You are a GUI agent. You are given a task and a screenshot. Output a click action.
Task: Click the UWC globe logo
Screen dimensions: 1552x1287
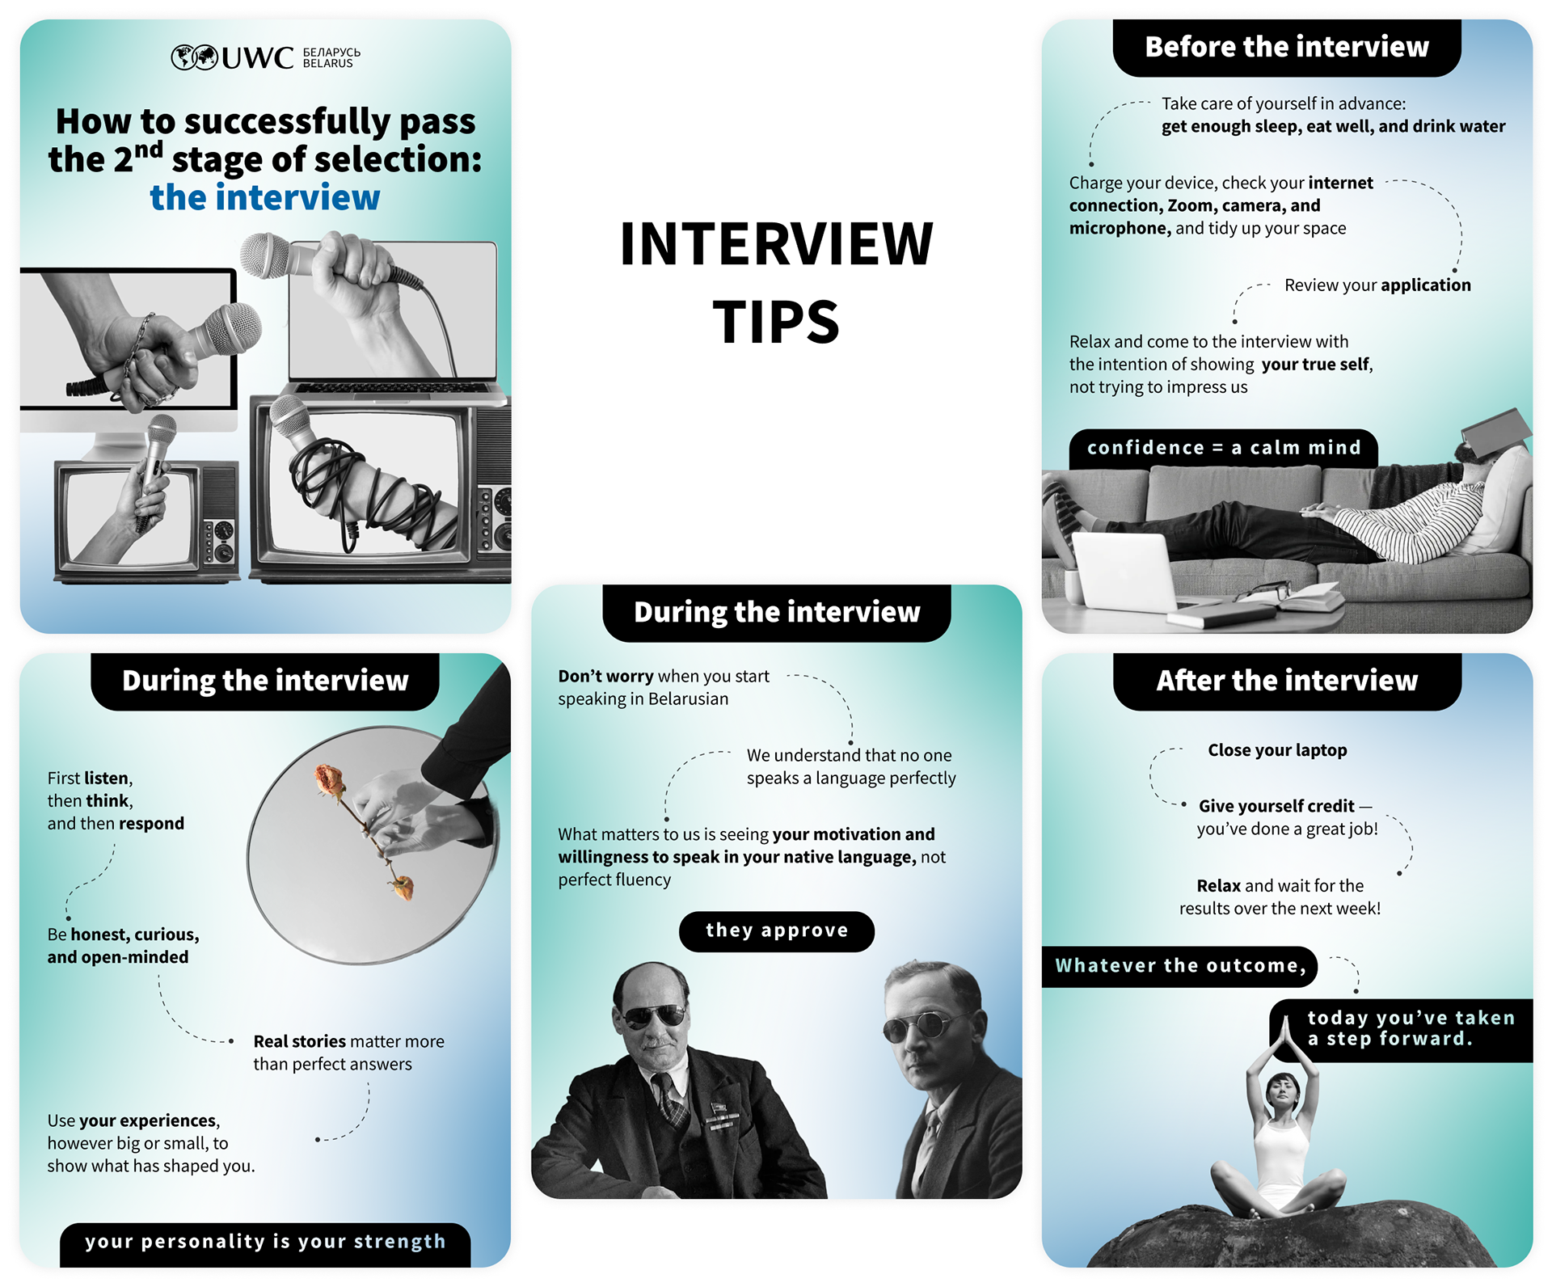pos(194,57)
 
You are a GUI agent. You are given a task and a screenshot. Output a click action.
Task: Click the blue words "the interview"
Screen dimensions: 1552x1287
pos(265,197)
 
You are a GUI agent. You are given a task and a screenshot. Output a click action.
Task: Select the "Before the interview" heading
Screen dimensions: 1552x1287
pos(1287,47)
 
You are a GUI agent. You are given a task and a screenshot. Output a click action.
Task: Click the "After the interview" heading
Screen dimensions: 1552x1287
pos(1287,681)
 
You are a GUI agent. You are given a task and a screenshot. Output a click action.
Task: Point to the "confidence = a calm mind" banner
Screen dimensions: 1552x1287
pos(1224,448)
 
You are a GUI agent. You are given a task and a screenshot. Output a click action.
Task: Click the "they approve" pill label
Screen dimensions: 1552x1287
pos(777,930)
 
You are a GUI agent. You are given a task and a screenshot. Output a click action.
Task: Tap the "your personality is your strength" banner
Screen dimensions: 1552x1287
pos(265,1243)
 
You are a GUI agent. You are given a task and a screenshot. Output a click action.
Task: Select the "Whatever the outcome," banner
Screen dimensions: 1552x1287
pos(1179,966)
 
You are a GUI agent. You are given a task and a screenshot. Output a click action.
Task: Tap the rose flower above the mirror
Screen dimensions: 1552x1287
pos(330,780)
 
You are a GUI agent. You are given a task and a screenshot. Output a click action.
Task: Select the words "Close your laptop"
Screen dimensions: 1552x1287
pos(1277,750)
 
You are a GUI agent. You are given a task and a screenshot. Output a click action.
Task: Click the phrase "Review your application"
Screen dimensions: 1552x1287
pos(1377,285)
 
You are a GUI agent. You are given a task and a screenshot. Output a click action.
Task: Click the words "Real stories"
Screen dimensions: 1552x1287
pos(299,1041)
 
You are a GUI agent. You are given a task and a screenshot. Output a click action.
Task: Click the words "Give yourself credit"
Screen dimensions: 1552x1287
pos(1276,806)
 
